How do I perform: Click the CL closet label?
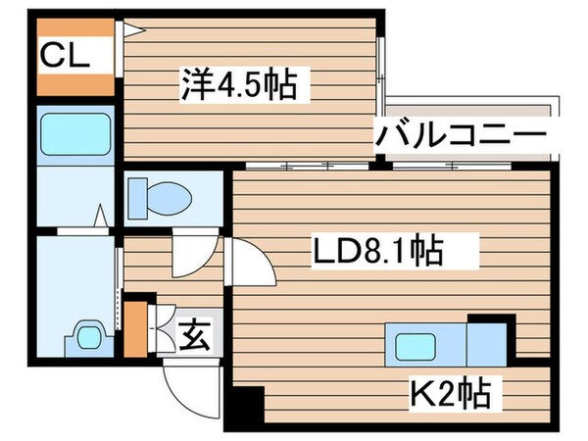pos(66,56)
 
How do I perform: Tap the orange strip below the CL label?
pos(76,85)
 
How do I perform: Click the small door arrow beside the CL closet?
pos(131,29)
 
